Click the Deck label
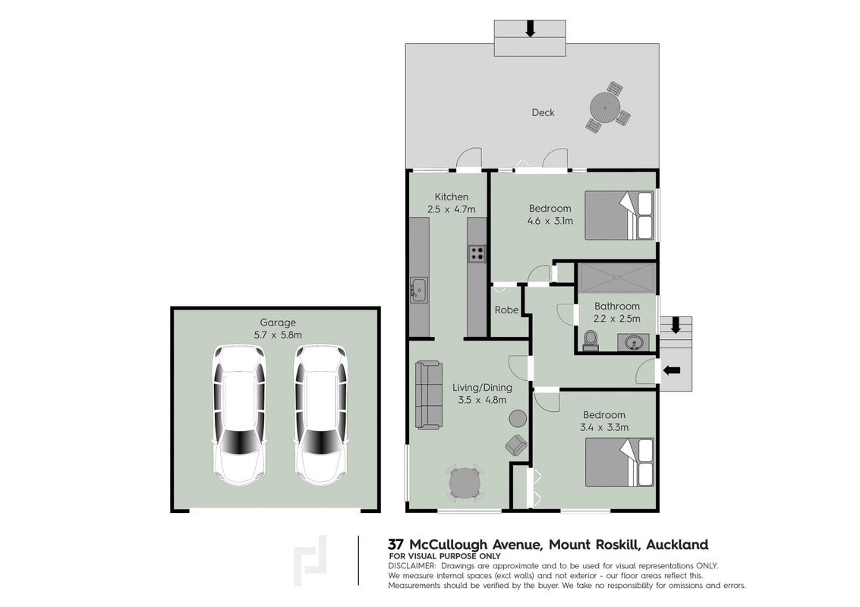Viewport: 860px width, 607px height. pyautogui.click(x=543, y=112)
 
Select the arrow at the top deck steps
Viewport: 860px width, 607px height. pyautogui.click(x=530, y=29)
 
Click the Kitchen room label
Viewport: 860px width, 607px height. pyautogui.click(x=452, y=197)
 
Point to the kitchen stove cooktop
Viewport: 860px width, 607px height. pyautogui.click(x=477, y=253)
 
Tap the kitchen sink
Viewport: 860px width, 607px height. pyautogui.click(x=420, y=289)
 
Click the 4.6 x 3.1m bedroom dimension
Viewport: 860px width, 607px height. pyautogui.click(x=550, y=221)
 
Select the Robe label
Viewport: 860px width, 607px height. pyautogui.click(x=506, y=310)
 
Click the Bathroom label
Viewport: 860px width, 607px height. pyautogui.click(x=617, y=306)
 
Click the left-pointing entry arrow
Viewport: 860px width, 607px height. pyautogui.click(x=672, y=370)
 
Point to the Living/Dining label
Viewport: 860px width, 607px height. pyautogui.click(x=482, y=388)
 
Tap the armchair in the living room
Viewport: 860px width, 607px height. pyautogui.click(x=515, y=444)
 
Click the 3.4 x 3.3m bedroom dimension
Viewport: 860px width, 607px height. pyautogui.click(x=604, y=427)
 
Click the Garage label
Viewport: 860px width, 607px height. pyautogui.click(x=278, y=322)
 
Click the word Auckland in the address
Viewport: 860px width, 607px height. pyautogui.click(x=677, y=545)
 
